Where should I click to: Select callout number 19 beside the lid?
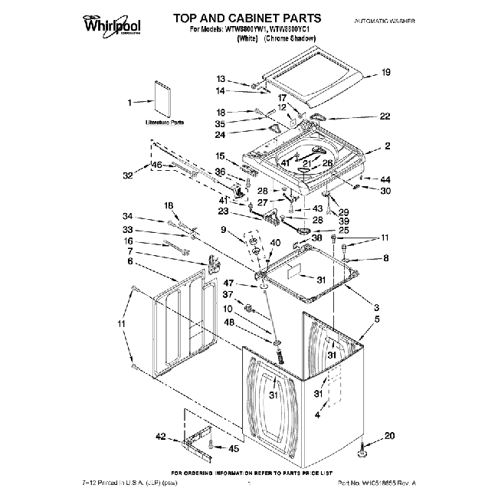pos(386,73)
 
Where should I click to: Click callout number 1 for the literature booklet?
pos(129,101)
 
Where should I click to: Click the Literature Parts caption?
pos(165,123)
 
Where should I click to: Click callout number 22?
pos(385,116)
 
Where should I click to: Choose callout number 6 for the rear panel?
pos(131,261)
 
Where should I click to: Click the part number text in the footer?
pos(378,485)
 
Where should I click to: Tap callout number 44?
pos(385,179)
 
